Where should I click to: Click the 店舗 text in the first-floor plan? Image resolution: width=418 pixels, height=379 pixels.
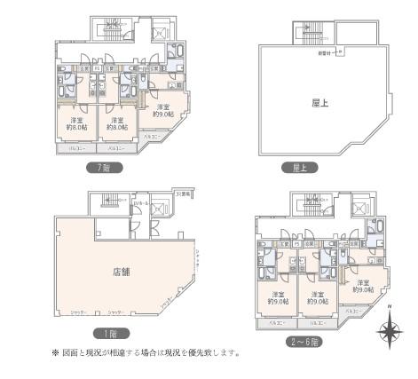coord(121,271)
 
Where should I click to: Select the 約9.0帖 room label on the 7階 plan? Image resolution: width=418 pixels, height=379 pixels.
coord(162,114)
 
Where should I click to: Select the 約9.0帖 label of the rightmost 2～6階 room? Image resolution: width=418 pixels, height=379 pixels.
coord(362,288)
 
